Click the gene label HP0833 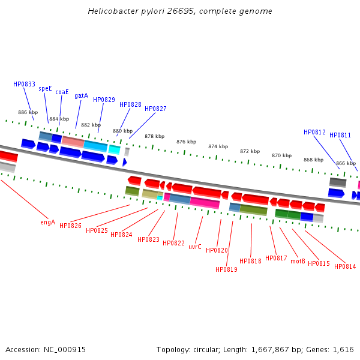(24, 85)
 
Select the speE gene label (46, 88)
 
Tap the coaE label (62, 92)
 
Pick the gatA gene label (81, 95)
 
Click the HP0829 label (104, 100)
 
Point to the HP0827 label (155, 109)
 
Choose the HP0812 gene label (314, 132)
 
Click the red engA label (48, 222)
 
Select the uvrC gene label (195, 247)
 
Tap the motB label (298, 261)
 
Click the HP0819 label (226, 269)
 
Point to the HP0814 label (345, 266)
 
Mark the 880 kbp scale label (122, 131)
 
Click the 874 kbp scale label (218, 146)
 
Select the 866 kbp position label (346, 163)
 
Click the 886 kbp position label (28, 112)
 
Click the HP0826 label (70, 226)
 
